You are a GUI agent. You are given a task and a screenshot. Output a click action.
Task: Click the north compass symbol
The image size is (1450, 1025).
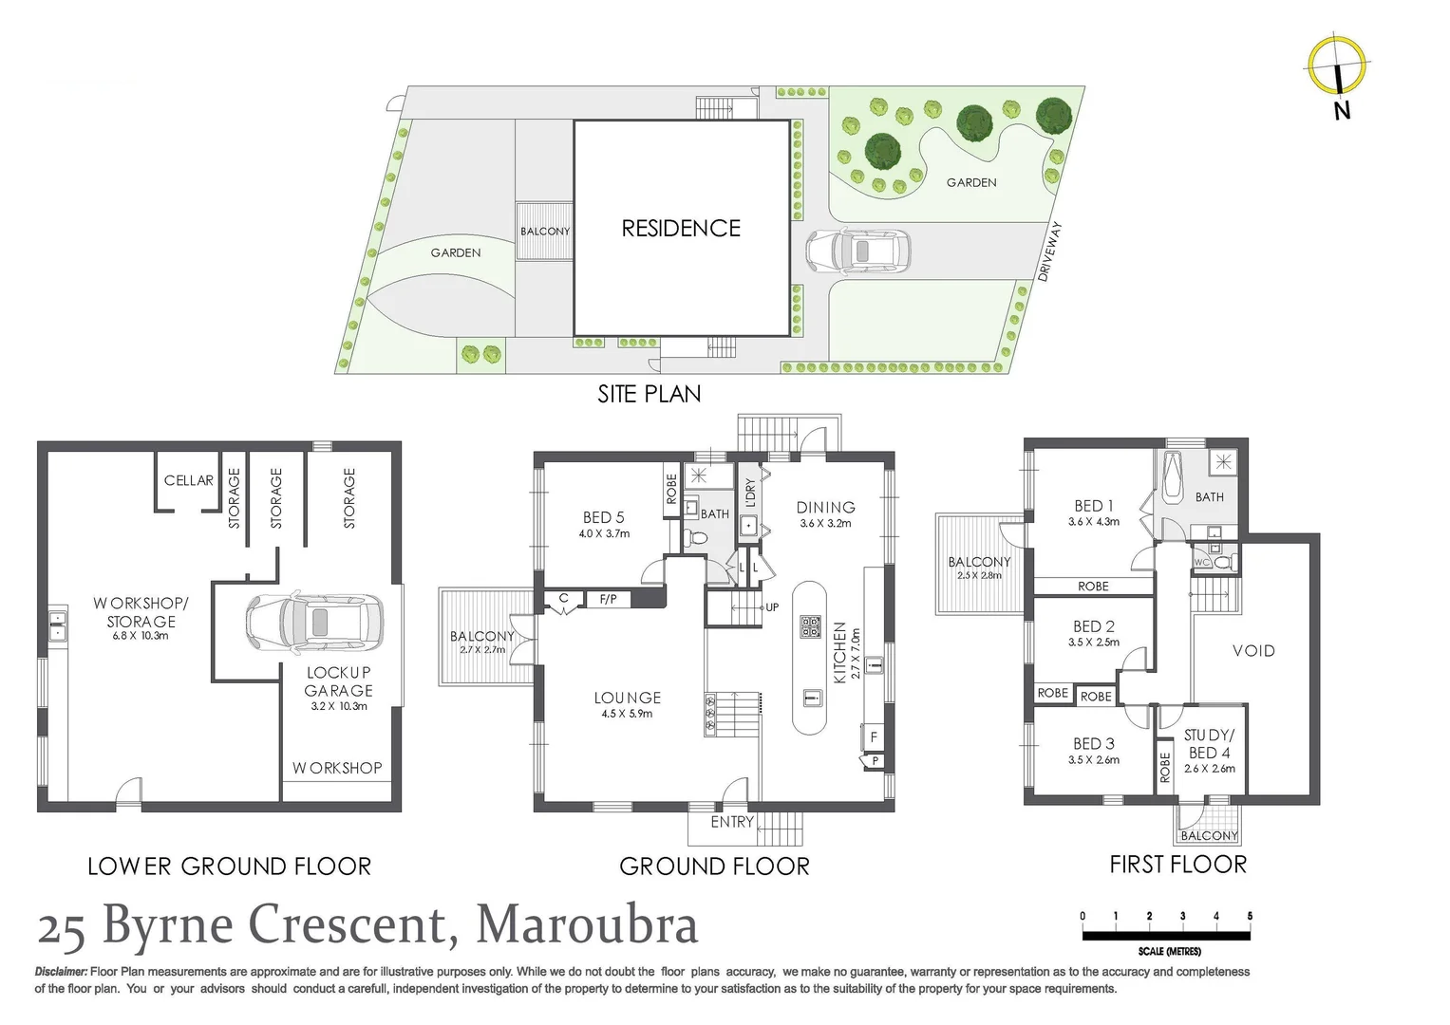point(1337,66)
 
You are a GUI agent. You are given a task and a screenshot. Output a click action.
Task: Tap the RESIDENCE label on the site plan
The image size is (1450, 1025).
point(681,229)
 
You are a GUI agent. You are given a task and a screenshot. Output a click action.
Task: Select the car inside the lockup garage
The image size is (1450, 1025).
point(314,623)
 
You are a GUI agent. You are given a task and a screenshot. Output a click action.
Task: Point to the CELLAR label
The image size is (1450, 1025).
point(189,480)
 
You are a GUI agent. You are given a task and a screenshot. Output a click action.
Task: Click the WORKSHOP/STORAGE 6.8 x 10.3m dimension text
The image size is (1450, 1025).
point(141,636)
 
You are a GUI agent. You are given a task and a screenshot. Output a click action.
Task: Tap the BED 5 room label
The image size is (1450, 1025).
point(604,517)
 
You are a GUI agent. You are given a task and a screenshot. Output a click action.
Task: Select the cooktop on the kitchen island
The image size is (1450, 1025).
point(810,626)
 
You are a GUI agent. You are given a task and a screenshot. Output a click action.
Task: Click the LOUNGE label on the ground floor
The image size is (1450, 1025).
point(627,698)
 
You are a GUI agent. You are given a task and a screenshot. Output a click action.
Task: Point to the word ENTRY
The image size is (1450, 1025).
point(732,822)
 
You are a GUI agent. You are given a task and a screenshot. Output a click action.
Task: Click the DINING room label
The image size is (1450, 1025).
point(825,508)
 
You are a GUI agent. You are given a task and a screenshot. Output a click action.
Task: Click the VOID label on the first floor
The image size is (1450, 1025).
point(1253,651)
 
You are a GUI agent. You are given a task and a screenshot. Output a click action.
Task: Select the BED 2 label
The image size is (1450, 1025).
point(1094,626)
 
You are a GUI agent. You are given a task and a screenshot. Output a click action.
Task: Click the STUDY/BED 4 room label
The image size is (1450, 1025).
point(1209,744)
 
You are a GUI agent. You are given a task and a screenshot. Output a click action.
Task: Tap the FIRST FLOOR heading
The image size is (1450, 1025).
point(1177,865)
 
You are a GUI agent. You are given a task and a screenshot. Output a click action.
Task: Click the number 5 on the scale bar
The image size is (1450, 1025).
point(1250,917)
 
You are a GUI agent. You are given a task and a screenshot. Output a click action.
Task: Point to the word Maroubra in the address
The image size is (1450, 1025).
point(587,924)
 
